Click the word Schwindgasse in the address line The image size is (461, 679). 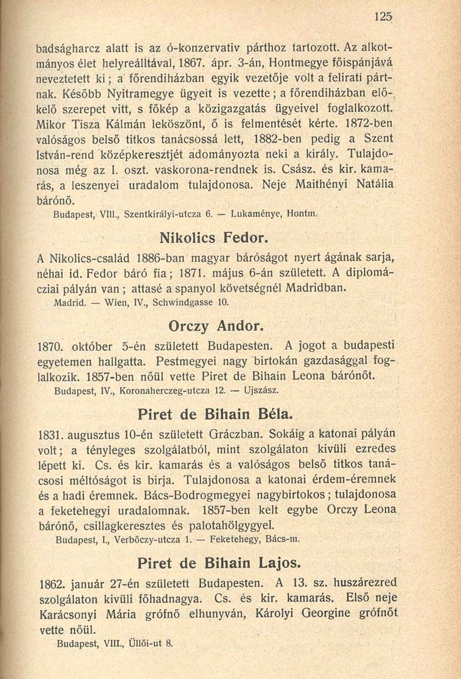tap(183, 301)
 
